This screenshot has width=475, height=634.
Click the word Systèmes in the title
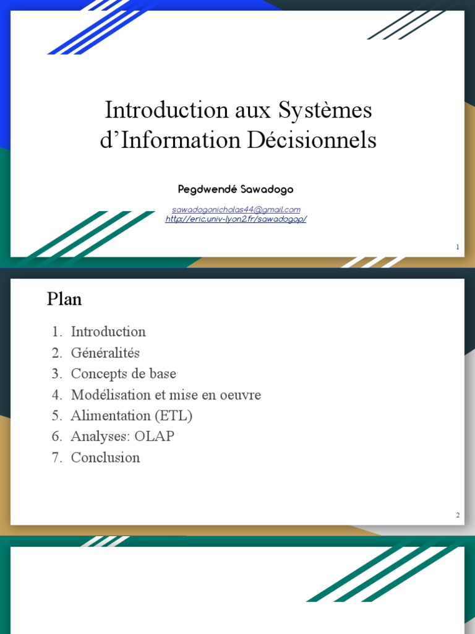pyautogui.click(x=325, y=111)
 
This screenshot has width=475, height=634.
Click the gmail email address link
pyautogui.click(x=236, y=210)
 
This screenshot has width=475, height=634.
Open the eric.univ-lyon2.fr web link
pyautogui.click(x=236, y=219)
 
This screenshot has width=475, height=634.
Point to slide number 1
pyautogui.click(x=458, y=248)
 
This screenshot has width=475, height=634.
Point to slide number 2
pyautogui.click(x=458, y=515)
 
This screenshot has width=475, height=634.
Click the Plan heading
pyautogui.click(x=64, y=300)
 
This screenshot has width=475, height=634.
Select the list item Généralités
pyautogui.click(x=105, y=353)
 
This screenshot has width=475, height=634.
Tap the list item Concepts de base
pyautogui.click(x=123, y=374)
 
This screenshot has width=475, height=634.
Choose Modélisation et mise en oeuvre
pyautogui.click(x=166, y=395)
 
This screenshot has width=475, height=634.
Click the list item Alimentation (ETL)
pyautogui.click(x=131, y=416)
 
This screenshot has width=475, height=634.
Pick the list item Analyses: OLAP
pyautogui.click(x=122, y=436)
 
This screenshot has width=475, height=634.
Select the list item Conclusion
pyautogui.click(x=105, y=458)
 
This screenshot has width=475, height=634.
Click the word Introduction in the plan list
pyautogui.click(x=108, y=332)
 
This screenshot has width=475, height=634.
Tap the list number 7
pyautogui.click(x=56, y=458)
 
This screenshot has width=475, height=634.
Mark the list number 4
pyautogui.click(x=56, y=395)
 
